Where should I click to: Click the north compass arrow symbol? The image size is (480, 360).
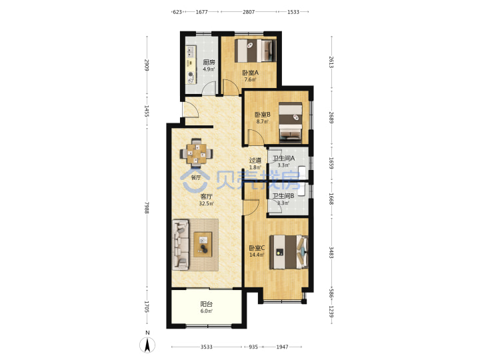point(147,345)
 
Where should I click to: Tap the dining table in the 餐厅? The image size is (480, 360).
point(196,153)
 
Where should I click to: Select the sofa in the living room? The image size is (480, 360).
point(181,245)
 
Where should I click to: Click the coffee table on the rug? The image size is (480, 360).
point(203,244)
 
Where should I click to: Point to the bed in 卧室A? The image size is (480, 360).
point(255,51)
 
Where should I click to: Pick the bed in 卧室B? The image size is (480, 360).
point(291,123)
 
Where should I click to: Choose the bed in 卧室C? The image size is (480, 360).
point(289,252)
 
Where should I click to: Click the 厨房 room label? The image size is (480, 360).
point(209,63)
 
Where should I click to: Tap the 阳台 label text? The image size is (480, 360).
point(206,304)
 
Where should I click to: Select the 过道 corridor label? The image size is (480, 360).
point(255,160)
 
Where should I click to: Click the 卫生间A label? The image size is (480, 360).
point(284,158)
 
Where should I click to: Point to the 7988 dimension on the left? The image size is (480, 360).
point(147,207)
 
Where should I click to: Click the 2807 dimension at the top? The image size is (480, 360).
point(249,12)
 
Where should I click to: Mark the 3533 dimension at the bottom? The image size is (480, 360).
point(206,347)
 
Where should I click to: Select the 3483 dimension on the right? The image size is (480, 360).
point(331,252)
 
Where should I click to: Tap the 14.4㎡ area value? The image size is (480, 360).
point(257,255)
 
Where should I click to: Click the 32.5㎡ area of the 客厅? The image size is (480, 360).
point(206,203)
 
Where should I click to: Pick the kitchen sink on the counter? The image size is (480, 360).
point(191,52)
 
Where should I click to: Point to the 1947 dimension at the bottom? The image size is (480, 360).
point(282,347)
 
